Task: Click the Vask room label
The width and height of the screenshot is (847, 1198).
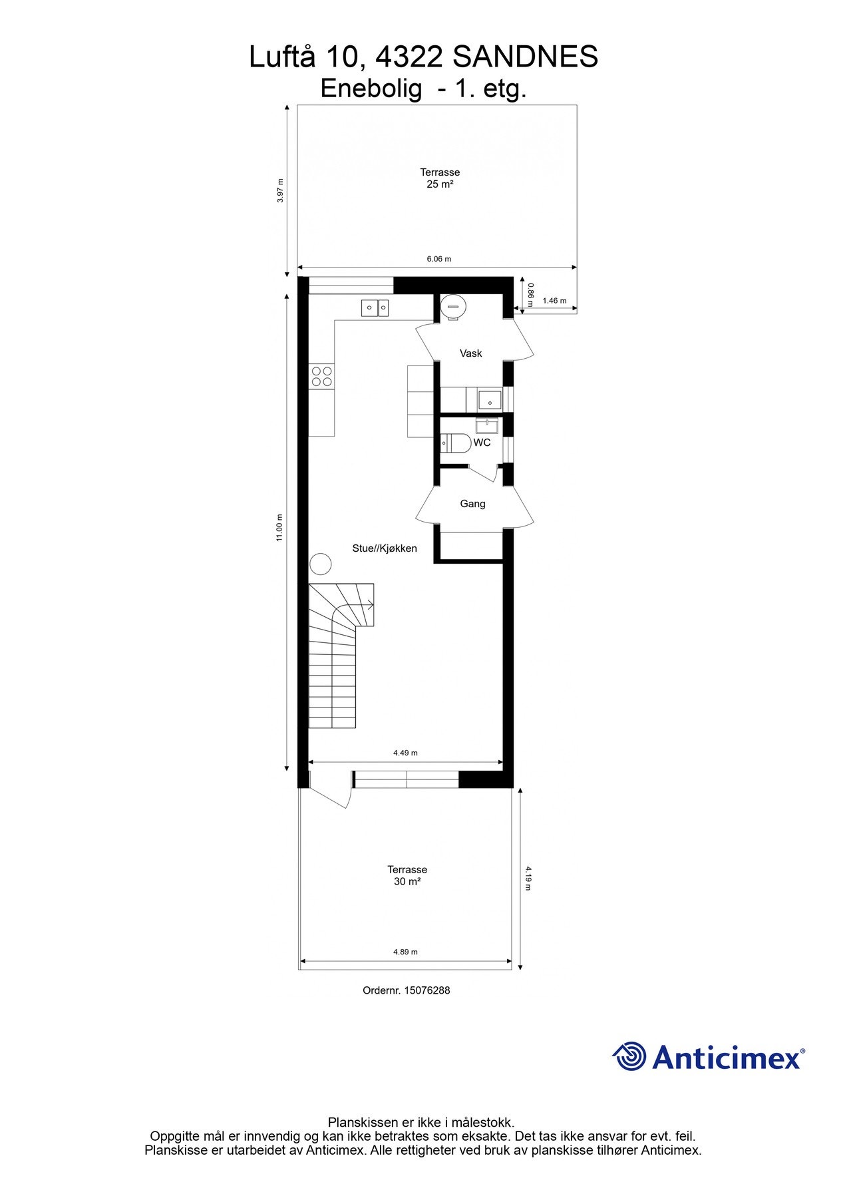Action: (x=470, y=353)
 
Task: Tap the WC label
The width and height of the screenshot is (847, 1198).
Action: (x=482, y=443)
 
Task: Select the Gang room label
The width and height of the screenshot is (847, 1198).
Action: (x=472, y=504)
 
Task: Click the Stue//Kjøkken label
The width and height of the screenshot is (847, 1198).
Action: (x=385, y=548)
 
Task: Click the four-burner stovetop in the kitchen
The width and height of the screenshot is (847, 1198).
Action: (x=322, y=376)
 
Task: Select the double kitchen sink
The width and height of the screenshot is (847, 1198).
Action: (x=375, y=307)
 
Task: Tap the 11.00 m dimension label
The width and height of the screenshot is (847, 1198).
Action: (x=280, y=527)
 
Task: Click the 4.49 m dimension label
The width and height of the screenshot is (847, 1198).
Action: (x=405, y=753)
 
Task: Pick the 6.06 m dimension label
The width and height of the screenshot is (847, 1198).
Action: (x=438, y=259)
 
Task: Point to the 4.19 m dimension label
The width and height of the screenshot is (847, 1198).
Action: (x=528, y=878)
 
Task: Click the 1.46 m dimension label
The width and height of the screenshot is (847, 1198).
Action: (x=554, y=301)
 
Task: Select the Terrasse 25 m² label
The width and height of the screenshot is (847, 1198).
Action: (x=440, y=178)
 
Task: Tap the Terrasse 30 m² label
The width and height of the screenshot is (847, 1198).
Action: (x=407, y=875)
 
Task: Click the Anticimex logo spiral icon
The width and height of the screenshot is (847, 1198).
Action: (x=629, y=1057)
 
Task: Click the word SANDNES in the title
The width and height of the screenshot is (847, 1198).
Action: (x=525, y=57)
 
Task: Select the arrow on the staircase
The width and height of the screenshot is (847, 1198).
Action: (x=369, y=604)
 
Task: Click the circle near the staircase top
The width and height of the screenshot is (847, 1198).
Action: (x=321, y=564)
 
